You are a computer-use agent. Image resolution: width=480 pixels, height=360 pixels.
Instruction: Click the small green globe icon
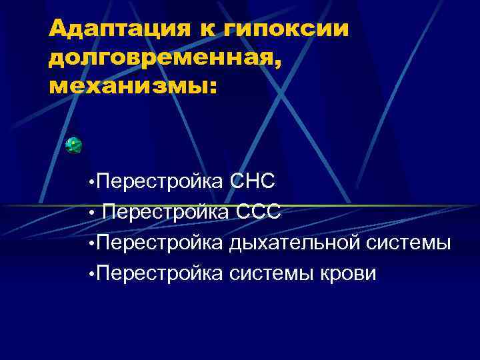coord(73,145)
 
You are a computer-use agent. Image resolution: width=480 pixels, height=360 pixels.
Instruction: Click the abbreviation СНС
coord(252,181)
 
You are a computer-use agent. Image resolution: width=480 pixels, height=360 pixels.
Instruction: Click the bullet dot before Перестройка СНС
coord(90,183)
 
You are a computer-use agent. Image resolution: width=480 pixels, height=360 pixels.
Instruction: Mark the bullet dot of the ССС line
coord(90,213)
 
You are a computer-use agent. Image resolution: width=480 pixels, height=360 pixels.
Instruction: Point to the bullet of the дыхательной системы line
coord(90,244)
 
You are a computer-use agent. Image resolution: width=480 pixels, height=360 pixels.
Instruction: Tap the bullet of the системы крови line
coord(90,275)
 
